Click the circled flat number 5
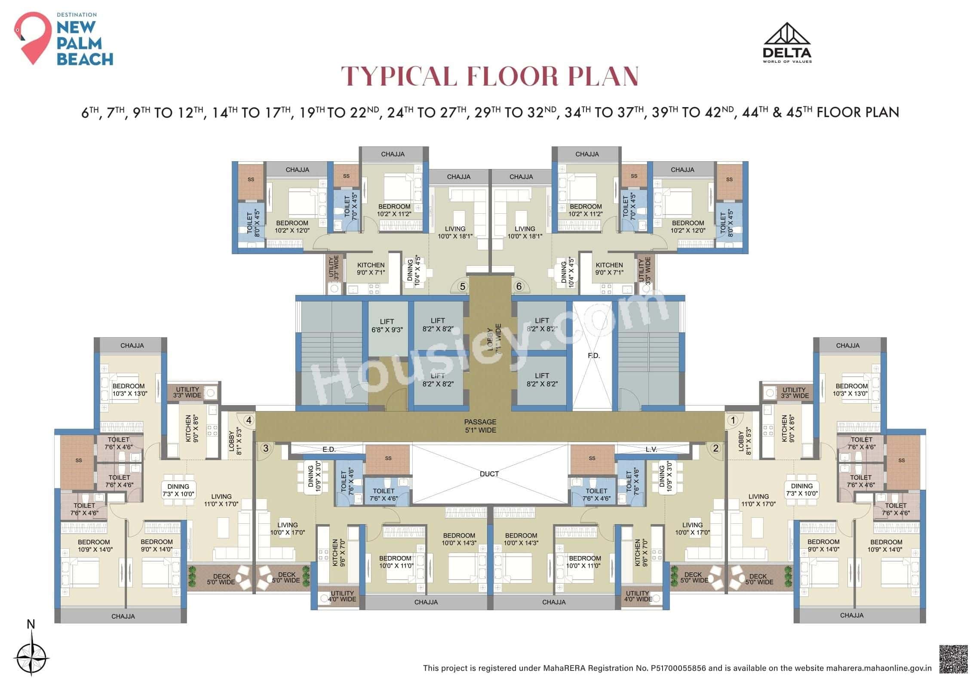click(x=462, y=286)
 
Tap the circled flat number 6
click(x=519, y=286)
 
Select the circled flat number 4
click(x=248, y=420)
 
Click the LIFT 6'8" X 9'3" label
click(x=387, y=326)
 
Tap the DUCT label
click(x=489, y=474)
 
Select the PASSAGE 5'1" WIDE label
click(x=480, y=426)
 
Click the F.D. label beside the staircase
click(x=593, y=356)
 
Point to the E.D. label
click(x=329, y=449)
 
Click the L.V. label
click(x=651, y=449)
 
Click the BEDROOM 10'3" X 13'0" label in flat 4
click(x=129, y=390)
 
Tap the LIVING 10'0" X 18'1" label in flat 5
click(x=455, y=232)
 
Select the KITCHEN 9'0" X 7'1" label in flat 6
click(x=609, y=269)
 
